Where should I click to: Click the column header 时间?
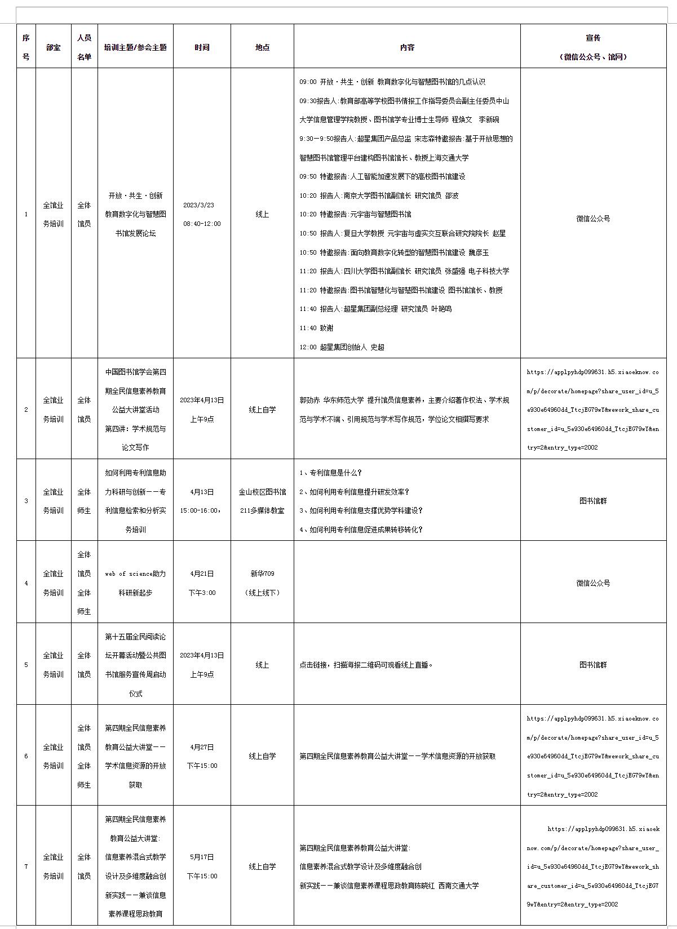pyautogui.click(x=202, y=47)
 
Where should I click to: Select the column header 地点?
pyautogui.click(x=262, y=47)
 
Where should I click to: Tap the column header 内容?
pyautogui.click(x=407, y=47)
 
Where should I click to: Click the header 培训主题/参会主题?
pyautogui.click(x=135, y=47)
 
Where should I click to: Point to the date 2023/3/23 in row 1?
pyautogui.click(x=198, y=205)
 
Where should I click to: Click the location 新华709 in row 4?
pyautogui.click(x=262, y=574)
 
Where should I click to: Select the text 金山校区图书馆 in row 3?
pyautogui.click(x=262, y=492)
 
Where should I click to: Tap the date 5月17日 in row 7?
pyautogui.click(x=202, y=857)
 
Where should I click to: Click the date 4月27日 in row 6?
pyautogui.click(x=202, y=747)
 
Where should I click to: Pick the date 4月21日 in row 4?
pyautogui.click(x=202, y=574)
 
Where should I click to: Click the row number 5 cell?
pyautogui.click(x=26, y=665)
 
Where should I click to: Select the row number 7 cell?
pyautogui.click(x=26, y=866)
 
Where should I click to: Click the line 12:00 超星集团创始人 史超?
pyautogui.click(x=342, y=347)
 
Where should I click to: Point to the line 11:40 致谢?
pyautogui.click(x=316, y=328)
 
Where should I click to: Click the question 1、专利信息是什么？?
pyautogui.click(x=330, y=473)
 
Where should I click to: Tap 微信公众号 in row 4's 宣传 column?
pyautogui.click(x=593, y=583)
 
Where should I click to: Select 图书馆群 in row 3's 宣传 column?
pyautogui.click(x=593, y=501)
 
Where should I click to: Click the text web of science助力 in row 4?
pyautogui.click(x=135, y=574)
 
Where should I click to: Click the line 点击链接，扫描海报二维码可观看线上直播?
pyautogui.click(x=366, y=665)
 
